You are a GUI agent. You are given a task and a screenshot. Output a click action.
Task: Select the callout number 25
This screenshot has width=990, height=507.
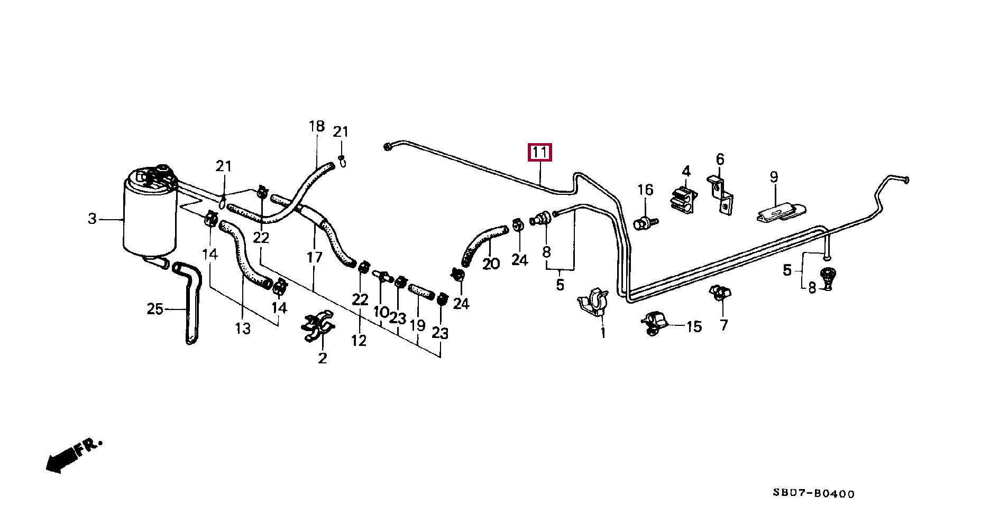click(x=154, y=308)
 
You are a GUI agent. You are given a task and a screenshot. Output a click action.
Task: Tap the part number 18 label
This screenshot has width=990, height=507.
click(x=316, y=127)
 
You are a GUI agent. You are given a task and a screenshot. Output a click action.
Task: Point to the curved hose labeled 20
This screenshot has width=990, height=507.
click(x=480, y=242)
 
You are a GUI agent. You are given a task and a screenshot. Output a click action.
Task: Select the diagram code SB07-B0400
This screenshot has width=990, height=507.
click(x=813, y=494)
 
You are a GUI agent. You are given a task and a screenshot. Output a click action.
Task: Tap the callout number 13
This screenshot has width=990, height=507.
click(x=243, y=328)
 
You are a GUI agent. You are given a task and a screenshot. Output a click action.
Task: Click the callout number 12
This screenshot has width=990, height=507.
click(x=359, y=341)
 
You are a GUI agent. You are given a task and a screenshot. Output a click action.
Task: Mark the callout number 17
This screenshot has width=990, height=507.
click(x=314, y=257)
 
